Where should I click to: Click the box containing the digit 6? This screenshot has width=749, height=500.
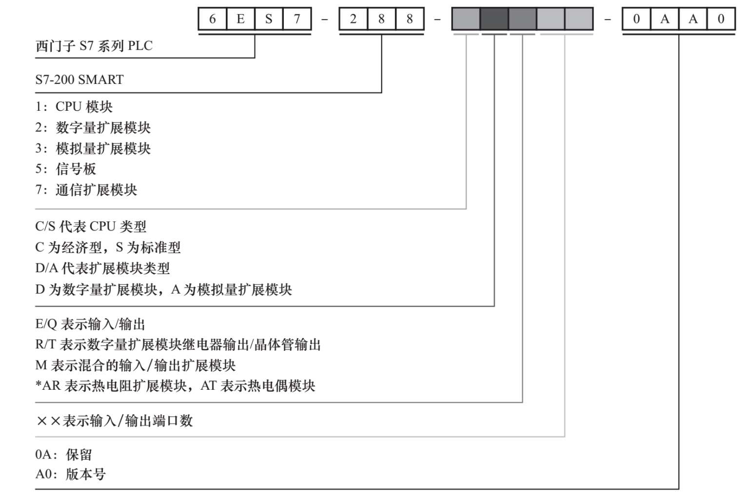click(x=212, y=20)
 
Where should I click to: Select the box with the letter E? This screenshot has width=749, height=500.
click(x=240, y=20)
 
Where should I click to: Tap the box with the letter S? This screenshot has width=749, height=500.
click(x=269, y=20)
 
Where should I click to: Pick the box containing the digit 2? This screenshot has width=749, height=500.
click(x=353, y=20)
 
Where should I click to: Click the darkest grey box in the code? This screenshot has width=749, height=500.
click(x=494, y=20)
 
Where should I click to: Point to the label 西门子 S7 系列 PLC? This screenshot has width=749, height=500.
click(x=94, y=46)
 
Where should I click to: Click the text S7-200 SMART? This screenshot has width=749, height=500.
click(x=79, y=80)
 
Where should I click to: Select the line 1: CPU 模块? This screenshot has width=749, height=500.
click(x=74, y=107)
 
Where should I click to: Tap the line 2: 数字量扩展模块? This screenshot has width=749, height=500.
click(x=93, y=128)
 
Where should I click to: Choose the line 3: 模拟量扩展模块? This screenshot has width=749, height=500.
click(x=93, y=148)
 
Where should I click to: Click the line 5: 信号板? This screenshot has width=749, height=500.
click(x=66, y=169)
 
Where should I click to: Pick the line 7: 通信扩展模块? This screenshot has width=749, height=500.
click(x=86, y=190)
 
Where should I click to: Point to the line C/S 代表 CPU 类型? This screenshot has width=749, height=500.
click(x=91, y=226)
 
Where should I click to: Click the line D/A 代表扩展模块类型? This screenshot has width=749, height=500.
click(x=102, y=268)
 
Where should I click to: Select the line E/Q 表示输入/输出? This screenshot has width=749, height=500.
click(x=90, y=324)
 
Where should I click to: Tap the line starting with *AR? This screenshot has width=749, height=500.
click(x=175, y=386)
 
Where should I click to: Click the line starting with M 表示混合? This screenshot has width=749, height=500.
click(x=136, y=365)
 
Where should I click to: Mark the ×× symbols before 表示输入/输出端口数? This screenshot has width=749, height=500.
click(x=48, y=420)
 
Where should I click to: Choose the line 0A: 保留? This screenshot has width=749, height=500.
click(x=63, y=455)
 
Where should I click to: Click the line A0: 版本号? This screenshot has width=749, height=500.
click(x=70, y=474)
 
